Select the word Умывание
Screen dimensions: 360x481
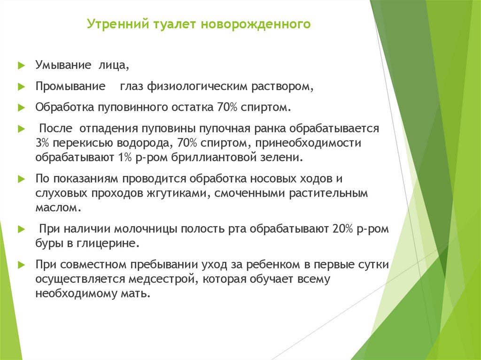tap(63, 65)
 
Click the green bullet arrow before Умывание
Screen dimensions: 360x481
tap(21, 66)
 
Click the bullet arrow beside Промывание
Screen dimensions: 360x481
tap(21, 87)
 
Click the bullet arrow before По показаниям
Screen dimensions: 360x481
tap(21, 179)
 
